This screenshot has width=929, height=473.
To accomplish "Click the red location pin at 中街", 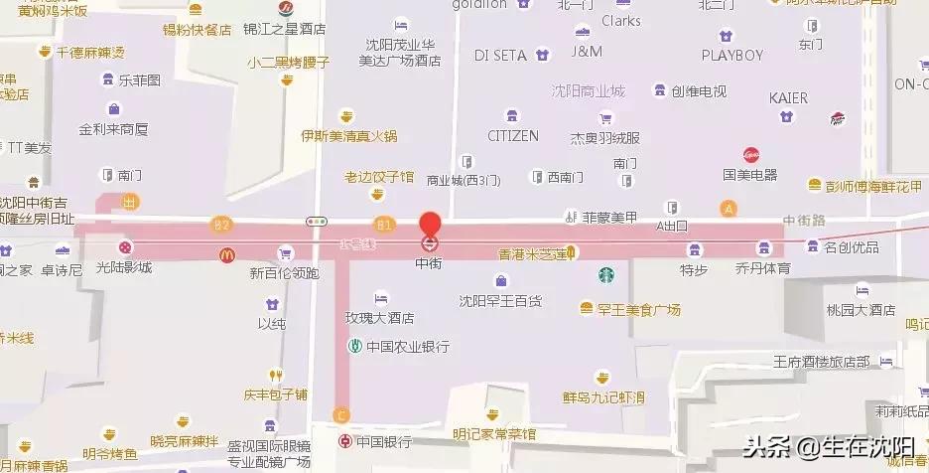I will (x=430, y=225).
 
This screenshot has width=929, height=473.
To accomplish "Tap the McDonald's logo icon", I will (x=227, y=255).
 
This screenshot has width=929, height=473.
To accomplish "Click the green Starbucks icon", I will (x=604, y=274).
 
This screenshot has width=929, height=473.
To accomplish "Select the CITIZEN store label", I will (x=513, y=135).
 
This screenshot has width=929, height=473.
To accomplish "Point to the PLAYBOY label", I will (x=731, y=55).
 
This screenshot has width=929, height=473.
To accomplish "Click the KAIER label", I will (x=789, y=98).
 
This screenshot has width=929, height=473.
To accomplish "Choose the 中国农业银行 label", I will (x=407, y=347).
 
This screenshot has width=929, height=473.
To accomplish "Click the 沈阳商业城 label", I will (x=589, y=91).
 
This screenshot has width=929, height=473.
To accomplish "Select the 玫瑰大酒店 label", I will (x=378, y=318).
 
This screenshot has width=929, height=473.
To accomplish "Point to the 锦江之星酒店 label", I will (x=286, y=30).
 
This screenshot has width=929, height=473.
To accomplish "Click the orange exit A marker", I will (x=730, y=209).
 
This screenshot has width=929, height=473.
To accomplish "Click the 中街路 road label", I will (x=805, y=220).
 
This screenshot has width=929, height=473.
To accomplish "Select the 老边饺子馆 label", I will (x=379, y=177).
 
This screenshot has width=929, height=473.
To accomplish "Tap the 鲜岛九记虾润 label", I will (x=603, y=397).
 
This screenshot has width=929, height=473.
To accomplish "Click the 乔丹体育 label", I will (x=763, y=268).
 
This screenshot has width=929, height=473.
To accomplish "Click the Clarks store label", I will (x=621, y=20).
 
